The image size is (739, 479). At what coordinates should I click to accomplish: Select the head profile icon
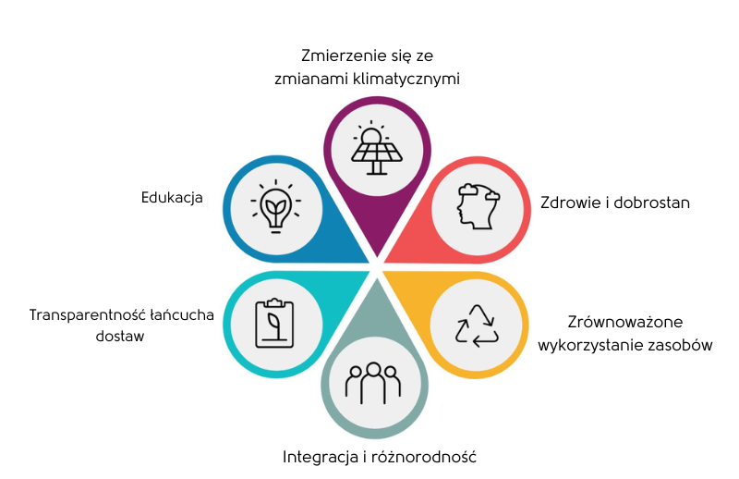tap(478, 206)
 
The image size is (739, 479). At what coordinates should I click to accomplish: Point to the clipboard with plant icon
tap(273, 323)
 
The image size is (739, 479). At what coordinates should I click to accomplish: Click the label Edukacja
tap(172, 197)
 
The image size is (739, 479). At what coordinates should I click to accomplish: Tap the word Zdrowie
tap(568, 203)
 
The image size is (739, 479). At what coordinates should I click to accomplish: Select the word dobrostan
tap(655, 203)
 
